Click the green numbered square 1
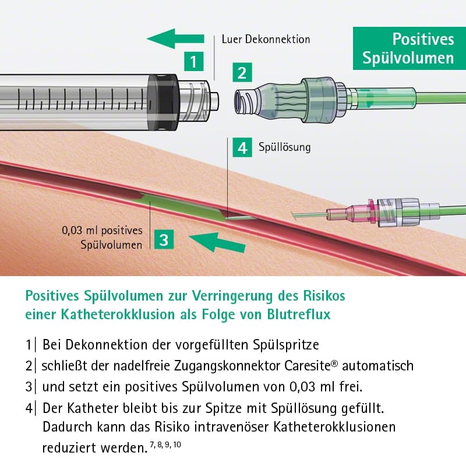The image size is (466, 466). pyautogui.click(x=194, y=61)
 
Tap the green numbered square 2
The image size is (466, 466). pyautogui.click(x=242, y=74)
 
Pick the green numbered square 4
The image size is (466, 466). pyautogui.click(x=242, y=147)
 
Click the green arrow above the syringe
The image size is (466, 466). pyautogui.click(x=175, y=39)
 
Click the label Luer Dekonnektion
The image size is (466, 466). pyautogui.click(x=266, y=40)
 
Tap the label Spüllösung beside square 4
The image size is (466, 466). pyautogui.click(x=284, y=147)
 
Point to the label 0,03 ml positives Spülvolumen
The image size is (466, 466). pyautogui.click(x=102, y=237)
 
